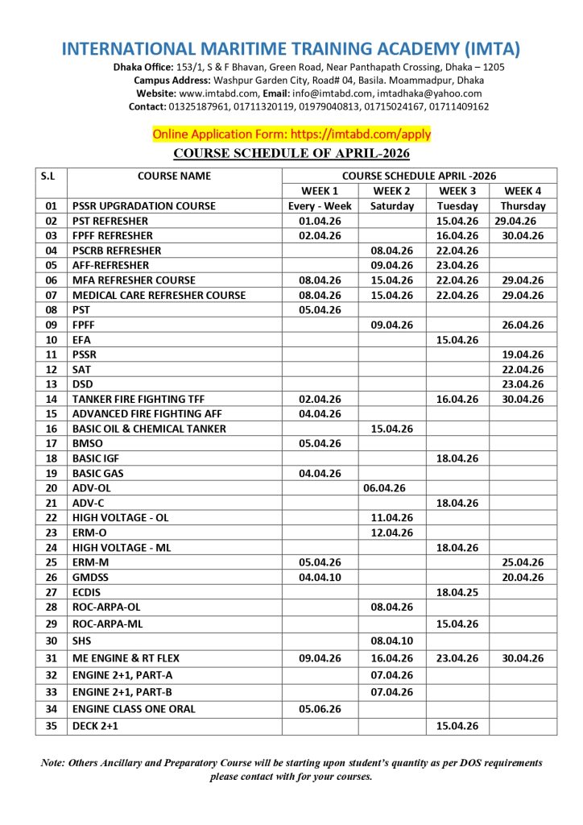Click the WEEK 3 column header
pos(457,191)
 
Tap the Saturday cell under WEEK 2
pos(391,205)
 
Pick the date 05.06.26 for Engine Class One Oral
pos(320,709)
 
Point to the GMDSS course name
pos(90,577)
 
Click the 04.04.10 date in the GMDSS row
pos(320,577)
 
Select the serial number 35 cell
pos(52,726)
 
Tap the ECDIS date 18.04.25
pos(457,591)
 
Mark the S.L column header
pos(52,176)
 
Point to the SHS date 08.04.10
pos(391,641)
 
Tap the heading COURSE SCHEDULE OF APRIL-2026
pos(291,153)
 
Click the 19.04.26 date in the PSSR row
pos(523,354)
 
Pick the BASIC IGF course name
pos(96,458)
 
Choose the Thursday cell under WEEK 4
pos(523,205)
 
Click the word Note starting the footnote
pos(53,762)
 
